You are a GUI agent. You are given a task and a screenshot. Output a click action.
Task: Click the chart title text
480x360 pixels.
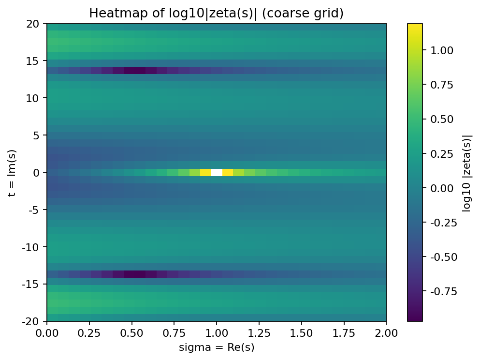(x=216, y=14)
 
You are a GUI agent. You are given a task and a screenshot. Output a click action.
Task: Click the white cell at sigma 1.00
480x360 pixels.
(x=217, y=172)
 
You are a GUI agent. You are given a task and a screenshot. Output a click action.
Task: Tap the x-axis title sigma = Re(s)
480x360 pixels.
(x=216, y=347)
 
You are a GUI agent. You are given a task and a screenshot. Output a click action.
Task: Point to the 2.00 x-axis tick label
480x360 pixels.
(x=386, y=333)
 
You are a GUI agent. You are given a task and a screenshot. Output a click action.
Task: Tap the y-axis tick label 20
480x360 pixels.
(x=37, y=24)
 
